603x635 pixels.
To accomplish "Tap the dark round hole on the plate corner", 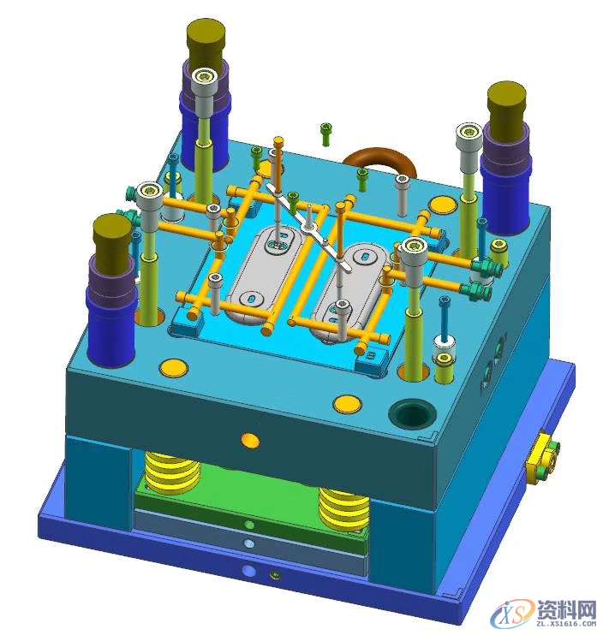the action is tap(412, 414).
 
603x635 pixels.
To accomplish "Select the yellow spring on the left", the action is tap(172, 472).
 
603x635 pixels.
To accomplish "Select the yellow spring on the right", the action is tap(343, 509).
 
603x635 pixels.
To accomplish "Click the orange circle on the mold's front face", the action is tap(250, 441).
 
